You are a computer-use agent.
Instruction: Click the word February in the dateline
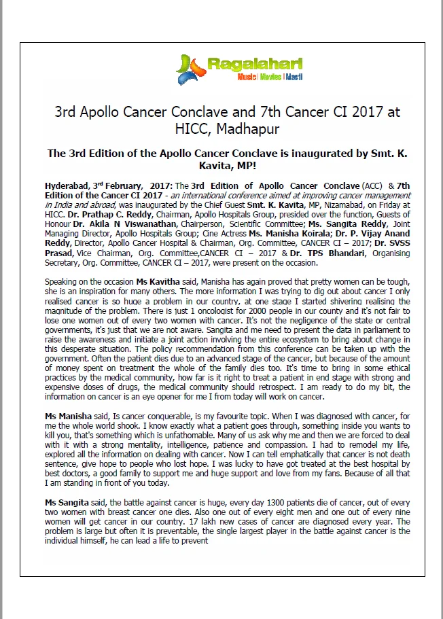pyautogui.click(x=120, y=185)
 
